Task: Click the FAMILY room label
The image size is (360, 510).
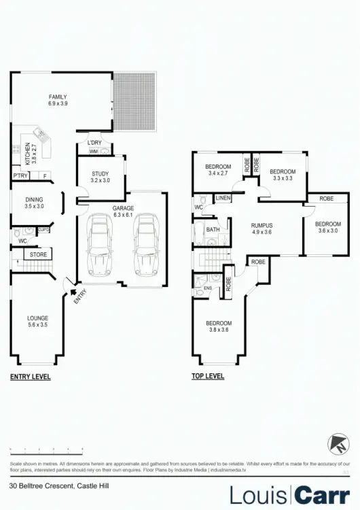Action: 57,97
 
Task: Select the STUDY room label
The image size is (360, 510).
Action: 100,174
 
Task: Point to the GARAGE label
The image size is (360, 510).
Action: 123,208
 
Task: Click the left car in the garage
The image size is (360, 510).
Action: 101,243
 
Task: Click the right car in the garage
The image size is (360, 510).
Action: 145,243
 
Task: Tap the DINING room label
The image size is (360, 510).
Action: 33,200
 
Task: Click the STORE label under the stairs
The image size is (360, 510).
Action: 37,254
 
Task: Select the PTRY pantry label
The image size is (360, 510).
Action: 19,175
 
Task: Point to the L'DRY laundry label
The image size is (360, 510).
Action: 94,142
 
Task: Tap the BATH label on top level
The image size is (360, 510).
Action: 213,230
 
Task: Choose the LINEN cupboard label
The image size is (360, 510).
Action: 222,198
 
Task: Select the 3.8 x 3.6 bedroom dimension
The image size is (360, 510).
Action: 219,330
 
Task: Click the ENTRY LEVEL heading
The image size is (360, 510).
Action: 30,376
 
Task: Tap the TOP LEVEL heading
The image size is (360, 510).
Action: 209,376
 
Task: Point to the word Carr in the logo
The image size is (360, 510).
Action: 323,494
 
